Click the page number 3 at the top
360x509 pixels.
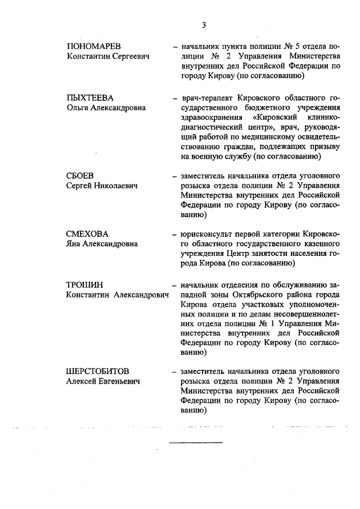[x=204, y=25]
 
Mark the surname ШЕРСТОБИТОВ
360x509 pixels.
[x=98, y=372]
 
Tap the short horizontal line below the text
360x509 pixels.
[x=196, y=443]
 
